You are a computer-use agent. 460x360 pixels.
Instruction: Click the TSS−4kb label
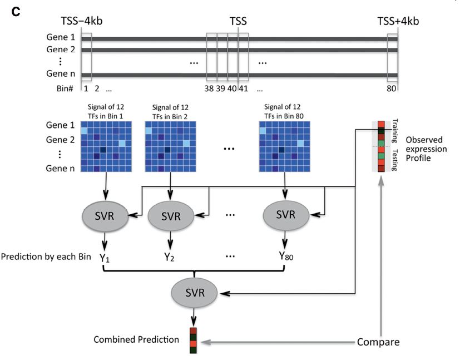point(82,21)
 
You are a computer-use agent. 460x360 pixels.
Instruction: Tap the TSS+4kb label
point(398,21)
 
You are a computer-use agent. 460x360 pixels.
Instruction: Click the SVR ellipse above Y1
point(105,215)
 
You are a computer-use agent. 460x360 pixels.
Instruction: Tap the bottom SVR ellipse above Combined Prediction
point(194,291)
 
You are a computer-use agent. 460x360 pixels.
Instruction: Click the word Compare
point(378,341)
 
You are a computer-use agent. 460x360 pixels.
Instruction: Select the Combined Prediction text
point(136,339)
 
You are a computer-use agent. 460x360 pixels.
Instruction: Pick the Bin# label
point(65,88)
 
